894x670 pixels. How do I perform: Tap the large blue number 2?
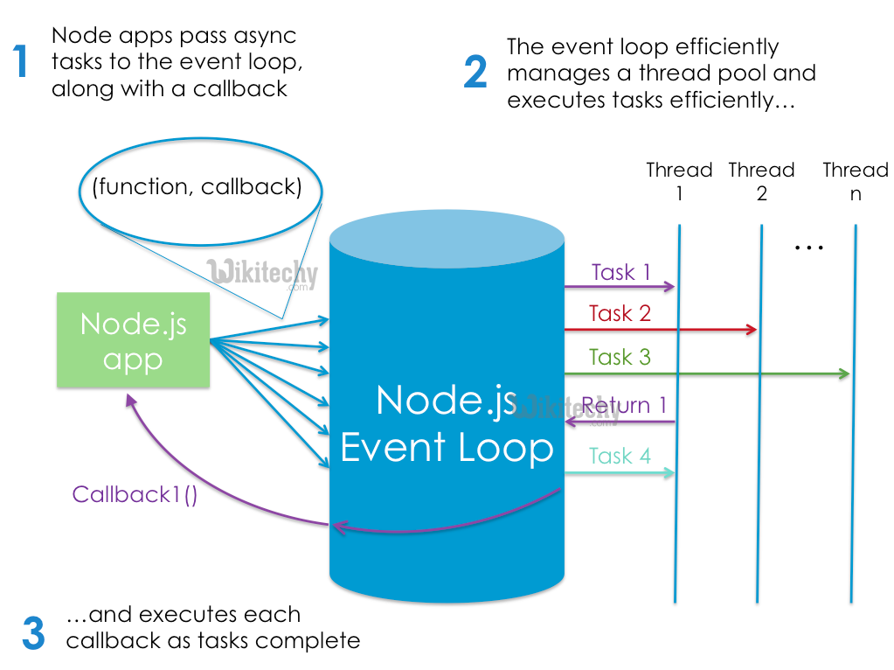[475, 73]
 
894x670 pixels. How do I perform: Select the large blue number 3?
[33, 633]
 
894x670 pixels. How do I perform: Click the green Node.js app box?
[133, 339]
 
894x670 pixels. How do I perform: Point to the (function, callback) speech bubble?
[200, 188]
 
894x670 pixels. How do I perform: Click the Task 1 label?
[620, 272]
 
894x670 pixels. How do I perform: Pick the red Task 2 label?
[620, 313]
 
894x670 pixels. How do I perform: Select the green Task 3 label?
[620, 357]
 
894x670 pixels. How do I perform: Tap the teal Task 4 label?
[620, 456]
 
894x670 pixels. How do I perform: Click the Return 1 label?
[624, 406]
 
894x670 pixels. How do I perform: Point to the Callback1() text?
[135, 494]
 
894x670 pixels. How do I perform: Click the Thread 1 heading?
[679, 181]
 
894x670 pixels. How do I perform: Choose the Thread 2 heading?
[761, 181]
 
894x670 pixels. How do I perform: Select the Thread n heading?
[856, 181]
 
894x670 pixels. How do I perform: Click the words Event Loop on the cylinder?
[447, 448]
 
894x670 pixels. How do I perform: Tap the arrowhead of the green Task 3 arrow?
[844, 374]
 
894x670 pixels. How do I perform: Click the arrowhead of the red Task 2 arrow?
[752, 330]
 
